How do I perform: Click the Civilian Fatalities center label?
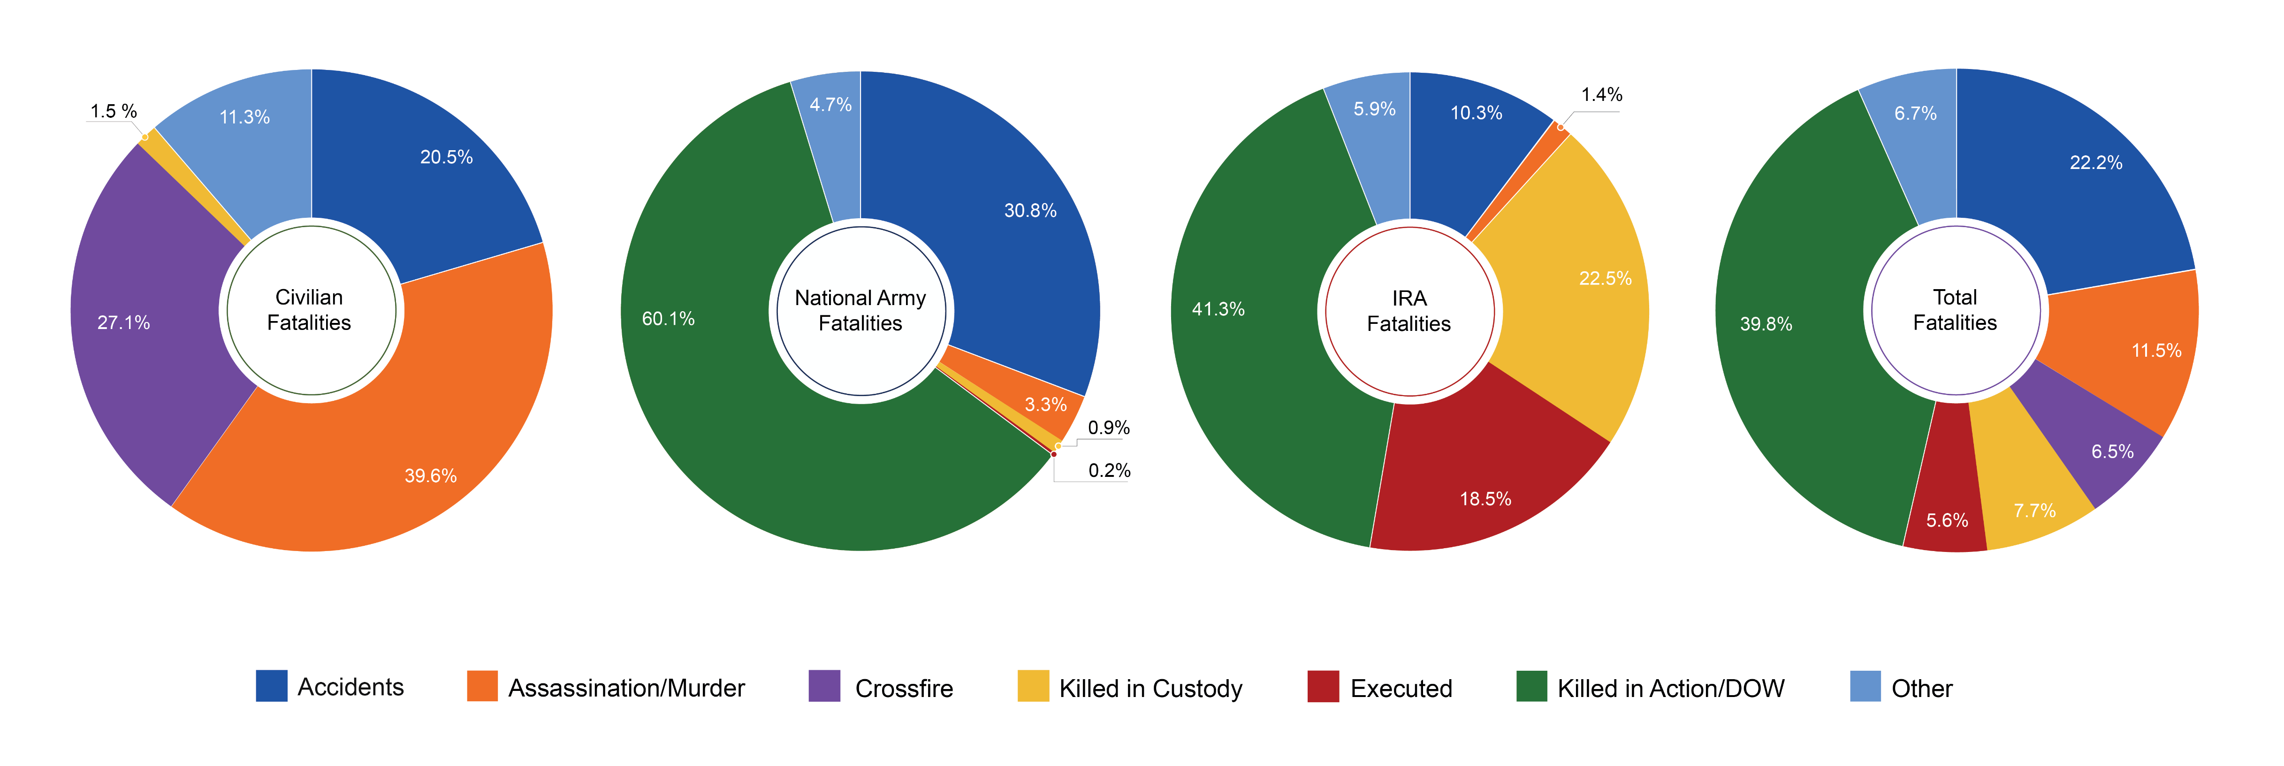[x=310, y=310]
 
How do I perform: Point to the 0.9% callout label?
[x=1108, y=428]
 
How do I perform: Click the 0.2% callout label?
[x=1109, y=471]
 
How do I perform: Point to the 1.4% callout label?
[x=1601, y=95]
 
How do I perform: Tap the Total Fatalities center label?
[x=1955, y=310]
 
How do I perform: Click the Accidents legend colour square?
[x=271, y=686]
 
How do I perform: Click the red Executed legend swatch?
[x=1323, y=686]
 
